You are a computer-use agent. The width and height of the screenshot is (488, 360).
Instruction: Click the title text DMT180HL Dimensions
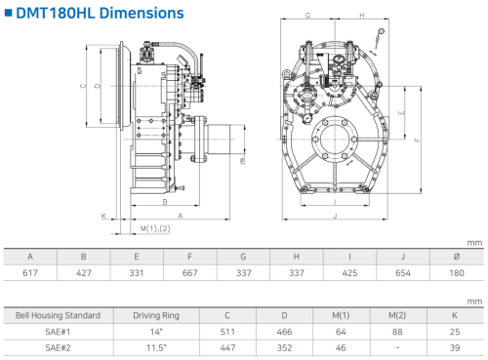(x=100, y=14)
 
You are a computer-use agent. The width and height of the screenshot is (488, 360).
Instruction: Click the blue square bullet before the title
(x=8, y=13)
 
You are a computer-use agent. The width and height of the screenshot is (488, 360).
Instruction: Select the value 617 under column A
(x=30, y=273)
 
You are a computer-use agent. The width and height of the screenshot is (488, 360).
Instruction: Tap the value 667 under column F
(x=190, y=273)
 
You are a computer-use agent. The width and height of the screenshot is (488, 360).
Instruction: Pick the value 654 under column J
(x=403, y=273)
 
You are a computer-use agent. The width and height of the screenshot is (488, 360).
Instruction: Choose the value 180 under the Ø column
(x=457, y=273)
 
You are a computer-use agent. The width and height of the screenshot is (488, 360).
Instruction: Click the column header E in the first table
(x=137, y=257)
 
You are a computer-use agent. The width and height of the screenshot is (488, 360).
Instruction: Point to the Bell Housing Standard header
(x=58, y=315)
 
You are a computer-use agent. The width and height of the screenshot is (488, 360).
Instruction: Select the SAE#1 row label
(x=58, y=332)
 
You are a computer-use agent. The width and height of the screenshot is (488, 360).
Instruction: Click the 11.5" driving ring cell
(x=156, y=348)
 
